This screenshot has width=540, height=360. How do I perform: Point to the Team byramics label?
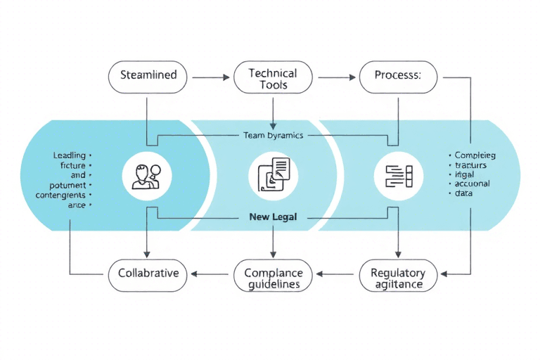[273, 135]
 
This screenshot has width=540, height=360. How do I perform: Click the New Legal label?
[273, 217]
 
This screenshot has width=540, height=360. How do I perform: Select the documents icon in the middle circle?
[273, 175]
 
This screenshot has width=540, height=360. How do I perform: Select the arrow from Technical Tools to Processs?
[335, 77]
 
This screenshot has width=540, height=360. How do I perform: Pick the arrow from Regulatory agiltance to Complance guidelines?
[336, 274]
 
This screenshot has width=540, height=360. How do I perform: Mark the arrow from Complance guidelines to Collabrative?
[212, 274]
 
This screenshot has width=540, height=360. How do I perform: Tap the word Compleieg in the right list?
[475, 155]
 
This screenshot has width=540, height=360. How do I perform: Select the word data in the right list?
[464, 193]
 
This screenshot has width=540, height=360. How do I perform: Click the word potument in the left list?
[67, 185]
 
